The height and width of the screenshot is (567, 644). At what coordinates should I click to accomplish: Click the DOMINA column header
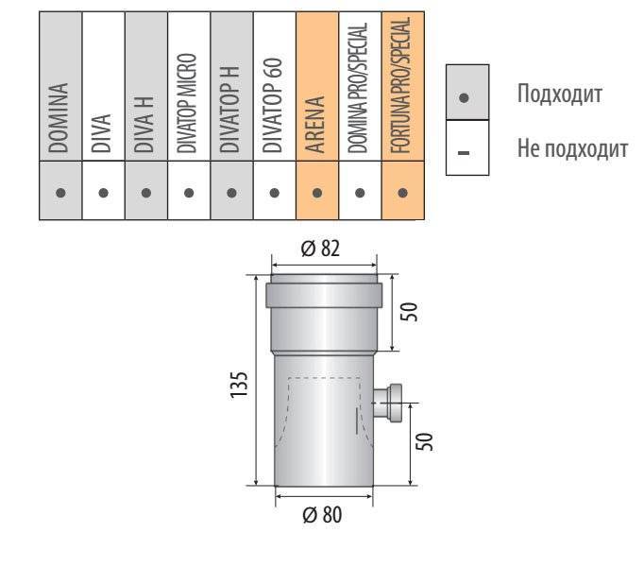pyautogui.click(x=58, y=118)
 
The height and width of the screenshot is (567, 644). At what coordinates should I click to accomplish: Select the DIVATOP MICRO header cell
pyautogui.click(x=186, y=103)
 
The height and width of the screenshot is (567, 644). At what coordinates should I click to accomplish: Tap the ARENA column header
pyautogui.click(x=315, y=125)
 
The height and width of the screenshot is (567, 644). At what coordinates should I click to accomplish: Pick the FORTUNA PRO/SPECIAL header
pyautogui.click(x=400, y=86)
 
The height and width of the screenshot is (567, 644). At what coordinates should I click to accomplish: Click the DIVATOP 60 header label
pyautogui.click(x=272, y=105)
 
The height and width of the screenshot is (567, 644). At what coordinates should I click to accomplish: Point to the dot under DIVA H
pyautogui.click(x=146, y=193)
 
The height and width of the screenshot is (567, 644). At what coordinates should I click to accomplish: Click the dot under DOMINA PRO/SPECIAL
pyautogui.click(x=360, y=193)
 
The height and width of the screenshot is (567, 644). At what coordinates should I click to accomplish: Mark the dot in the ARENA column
pyautogui.click(x=317, y=193)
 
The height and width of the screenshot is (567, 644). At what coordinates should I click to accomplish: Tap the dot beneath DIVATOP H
pyautogui.click(x=231, y=193)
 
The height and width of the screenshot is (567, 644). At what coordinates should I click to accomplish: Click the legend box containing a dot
pyautogui.click(x=467, y=92)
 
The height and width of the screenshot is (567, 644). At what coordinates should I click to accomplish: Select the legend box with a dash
pyautogui.click(x=467, y=147)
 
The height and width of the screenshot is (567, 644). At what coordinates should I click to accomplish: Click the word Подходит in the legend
pyautogui.click(x=560, y=94)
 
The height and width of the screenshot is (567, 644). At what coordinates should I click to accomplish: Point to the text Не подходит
pyautogui.click(x=572, y=148)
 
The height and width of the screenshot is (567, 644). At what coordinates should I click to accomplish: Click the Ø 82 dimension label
pyautogui.click(x=320, y=249)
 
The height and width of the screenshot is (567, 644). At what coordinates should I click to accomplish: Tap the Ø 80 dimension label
pyautogui.click(x=322, y=514)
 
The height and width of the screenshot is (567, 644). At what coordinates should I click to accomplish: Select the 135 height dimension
pyautogui.click(x=239, y=384)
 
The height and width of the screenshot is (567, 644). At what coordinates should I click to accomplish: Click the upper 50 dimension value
pyautogui.click(x=409, y=312)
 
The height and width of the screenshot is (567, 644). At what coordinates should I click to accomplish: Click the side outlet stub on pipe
pyautogui.click(x=388, y=404)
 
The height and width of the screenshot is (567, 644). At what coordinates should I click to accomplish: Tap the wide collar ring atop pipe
pyautogui.click(x=324, y=295)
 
